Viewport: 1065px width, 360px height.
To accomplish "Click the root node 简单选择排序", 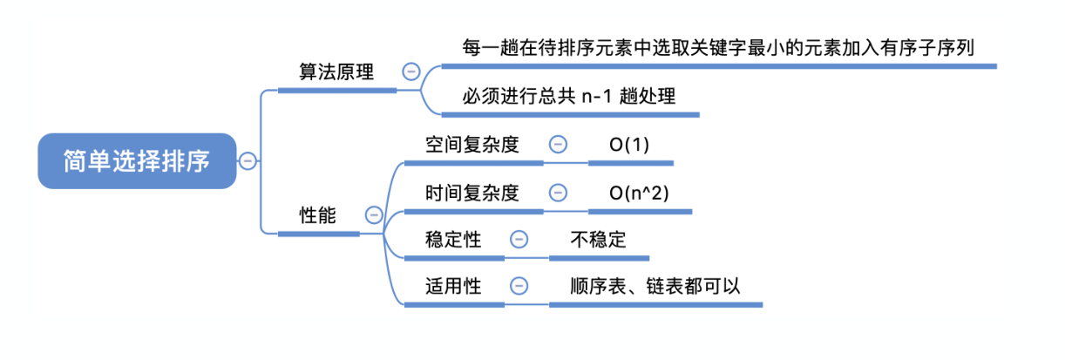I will click(137, 161).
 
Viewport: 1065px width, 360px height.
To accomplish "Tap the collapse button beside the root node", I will click(248, 160).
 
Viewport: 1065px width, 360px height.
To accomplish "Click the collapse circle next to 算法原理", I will click(410, 72).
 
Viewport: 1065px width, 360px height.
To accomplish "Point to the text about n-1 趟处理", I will click(570, 97).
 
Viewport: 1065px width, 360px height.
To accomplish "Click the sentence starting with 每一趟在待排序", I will click(718, 47).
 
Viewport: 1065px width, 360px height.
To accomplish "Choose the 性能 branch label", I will click(317, 214).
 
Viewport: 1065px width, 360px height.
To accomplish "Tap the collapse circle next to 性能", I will click(374, 214).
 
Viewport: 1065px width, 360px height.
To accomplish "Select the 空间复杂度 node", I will click(472, 145).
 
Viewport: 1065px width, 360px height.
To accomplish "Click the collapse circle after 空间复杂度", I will click(558, 145).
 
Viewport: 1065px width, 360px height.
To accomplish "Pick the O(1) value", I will click(629, 145).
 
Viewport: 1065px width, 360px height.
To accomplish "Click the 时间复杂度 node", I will click(472, 193).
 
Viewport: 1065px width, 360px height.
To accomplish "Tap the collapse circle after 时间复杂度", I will click(558, 193).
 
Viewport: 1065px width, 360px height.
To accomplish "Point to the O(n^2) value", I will click(639, 193).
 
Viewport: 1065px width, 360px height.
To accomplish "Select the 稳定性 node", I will click(453, 240).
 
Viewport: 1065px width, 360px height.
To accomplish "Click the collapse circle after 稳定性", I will click(519, 240).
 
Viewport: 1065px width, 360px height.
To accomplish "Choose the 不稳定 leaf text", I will click(598, 240).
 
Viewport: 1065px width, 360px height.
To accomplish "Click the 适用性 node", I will click(453, 286).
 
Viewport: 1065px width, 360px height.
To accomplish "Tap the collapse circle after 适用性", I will click(519, 286).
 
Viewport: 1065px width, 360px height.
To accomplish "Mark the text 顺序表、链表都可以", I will click(655, 286).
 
